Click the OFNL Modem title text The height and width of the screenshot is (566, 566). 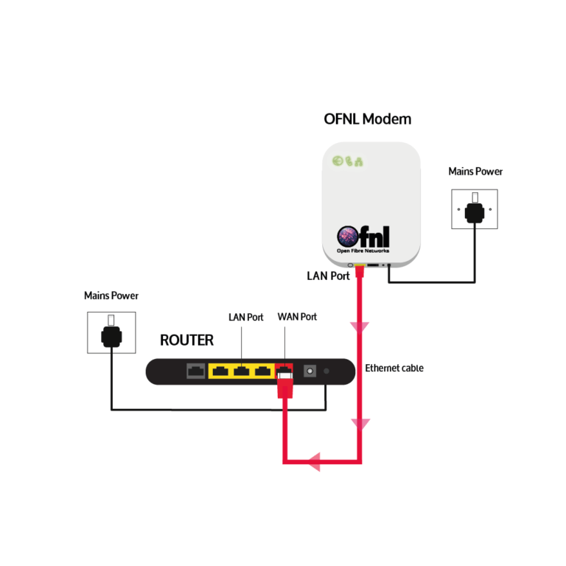(368, 119)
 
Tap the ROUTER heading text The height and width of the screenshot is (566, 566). (186, 340)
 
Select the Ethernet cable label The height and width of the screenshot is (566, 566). (394, 368)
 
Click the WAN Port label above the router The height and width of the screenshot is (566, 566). (297, 317)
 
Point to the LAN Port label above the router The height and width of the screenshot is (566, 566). (245, 317)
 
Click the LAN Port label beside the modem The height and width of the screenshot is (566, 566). (328, 276)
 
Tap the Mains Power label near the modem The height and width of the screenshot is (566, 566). (475, 172)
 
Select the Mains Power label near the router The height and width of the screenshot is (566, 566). (111, 296)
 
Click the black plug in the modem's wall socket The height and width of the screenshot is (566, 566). (475, 213)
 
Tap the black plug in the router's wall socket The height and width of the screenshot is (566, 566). (111, 336)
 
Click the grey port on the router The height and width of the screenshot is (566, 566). (197, 371)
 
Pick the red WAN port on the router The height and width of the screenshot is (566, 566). (284, 370)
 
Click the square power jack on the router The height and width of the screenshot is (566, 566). (309, 371)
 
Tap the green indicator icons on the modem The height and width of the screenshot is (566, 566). (346, 161)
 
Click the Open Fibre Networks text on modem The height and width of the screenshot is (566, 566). (363, 251)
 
